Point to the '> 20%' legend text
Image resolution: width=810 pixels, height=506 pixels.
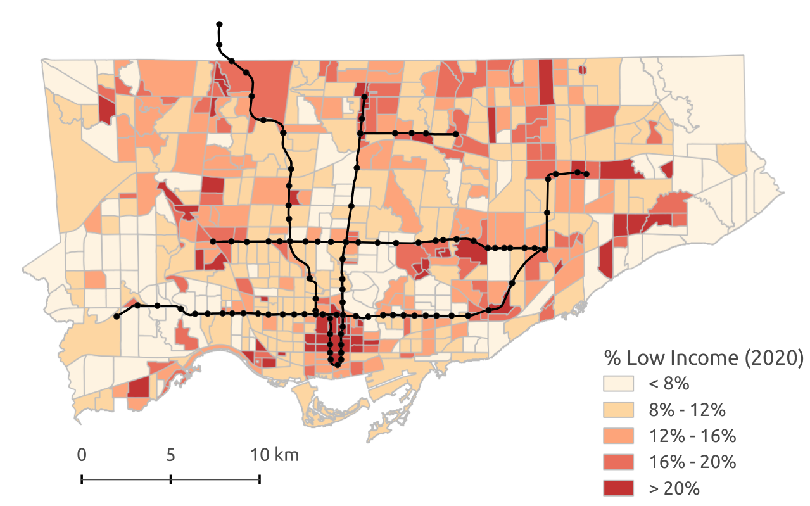tap(673, 488)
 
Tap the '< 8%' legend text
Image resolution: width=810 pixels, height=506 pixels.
tap(668, 384)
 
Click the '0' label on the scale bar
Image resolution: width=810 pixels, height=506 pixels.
tap(82, 455)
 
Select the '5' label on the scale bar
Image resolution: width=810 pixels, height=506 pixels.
tap(170, 455)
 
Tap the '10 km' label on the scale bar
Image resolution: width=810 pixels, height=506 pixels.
tap(274, 455)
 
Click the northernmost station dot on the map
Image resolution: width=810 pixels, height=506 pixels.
tap(219, 25)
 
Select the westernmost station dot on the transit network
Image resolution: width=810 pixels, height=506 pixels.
tap(117, 316)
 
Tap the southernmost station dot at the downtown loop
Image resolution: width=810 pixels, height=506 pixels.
tap(337, 365)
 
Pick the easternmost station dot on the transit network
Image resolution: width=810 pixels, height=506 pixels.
tap(586, 174)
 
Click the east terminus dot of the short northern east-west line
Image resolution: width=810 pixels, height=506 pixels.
tap(455, 134)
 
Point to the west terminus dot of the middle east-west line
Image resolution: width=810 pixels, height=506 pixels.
tap(213, 241)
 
